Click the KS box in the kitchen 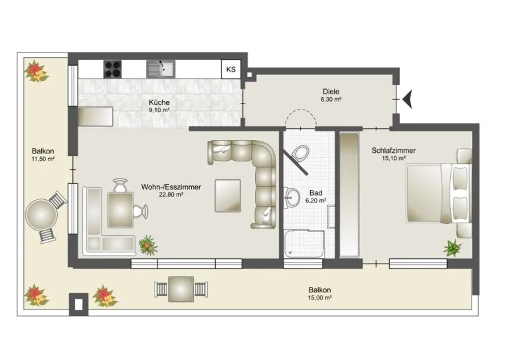[x=231, y=69]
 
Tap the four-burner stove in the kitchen [x=112, y=69]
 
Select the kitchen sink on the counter [x=161, y=69]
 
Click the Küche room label [x=159, y=102]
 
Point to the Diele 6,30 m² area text [x=331, y=100]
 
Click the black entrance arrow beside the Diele [x=408, y=98]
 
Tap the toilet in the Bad [x=299, y=153]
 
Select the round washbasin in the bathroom [x=292, y=197]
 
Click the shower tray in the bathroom [x=304, y=244]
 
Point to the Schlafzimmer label [x=394, y=151]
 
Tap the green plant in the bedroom [x=452, y=248]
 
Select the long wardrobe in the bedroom [x=350, y=195]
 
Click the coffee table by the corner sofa [x=228, y=195]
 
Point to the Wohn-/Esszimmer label [x=171, y=187]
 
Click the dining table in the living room [x=120, y=210]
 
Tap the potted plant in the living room [x=148, y=245]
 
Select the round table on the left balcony [x=42, y=215]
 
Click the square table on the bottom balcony [x=181, y=289]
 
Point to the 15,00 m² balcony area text [x=319, y=298]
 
